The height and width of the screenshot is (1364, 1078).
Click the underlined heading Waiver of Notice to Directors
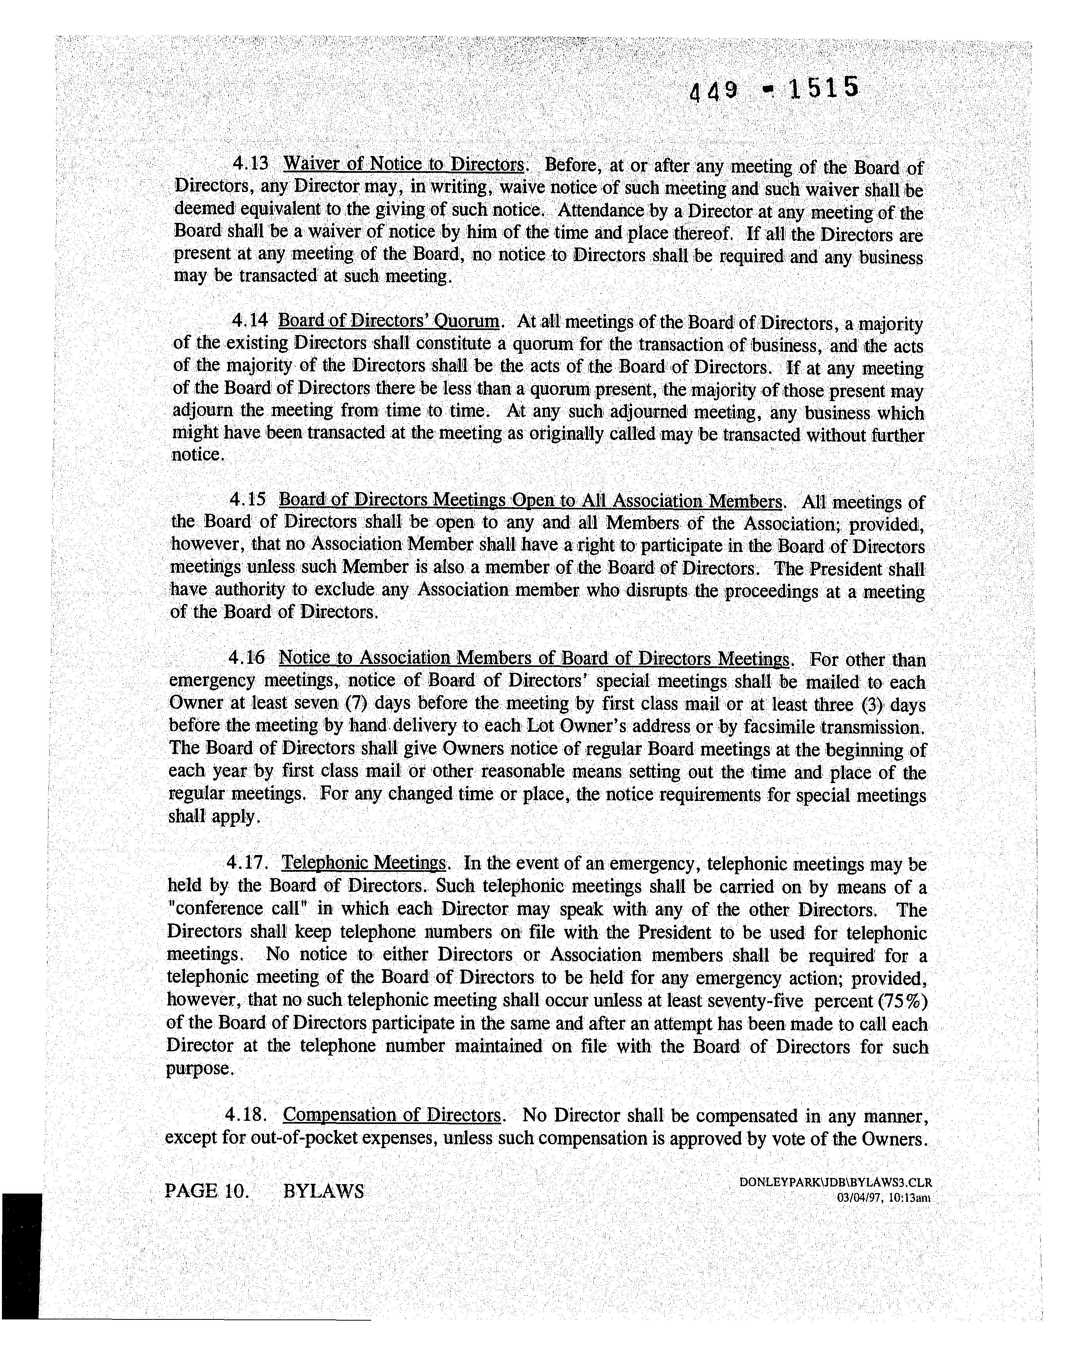[404, 164]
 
